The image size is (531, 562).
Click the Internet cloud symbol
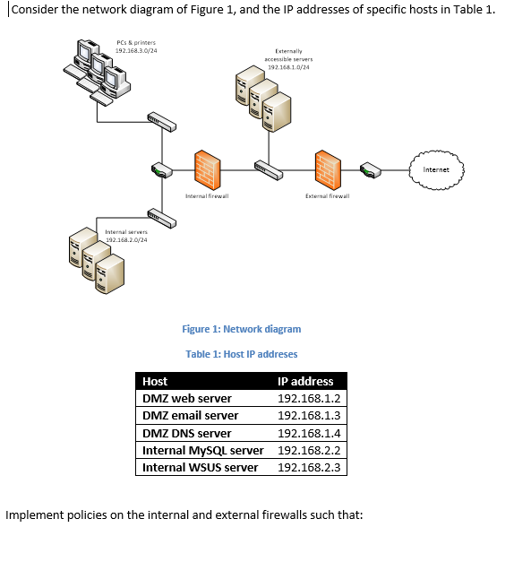point(437,169)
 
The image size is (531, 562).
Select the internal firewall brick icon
point(207,168)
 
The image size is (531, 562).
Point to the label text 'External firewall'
point(327,195)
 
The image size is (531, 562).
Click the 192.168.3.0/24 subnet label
point(136,51)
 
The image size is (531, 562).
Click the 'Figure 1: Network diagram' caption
point(241,329)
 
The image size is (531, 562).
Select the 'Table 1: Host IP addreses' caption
point(241,354)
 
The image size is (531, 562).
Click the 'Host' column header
point(155,381)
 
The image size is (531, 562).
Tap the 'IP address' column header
point(305,381)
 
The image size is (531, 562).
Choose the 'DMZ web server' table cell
point(187,398)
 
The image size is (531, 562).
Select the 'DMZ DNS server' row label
point(187,433)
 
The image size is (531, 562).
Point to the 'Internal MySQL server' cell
point(203,450)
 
